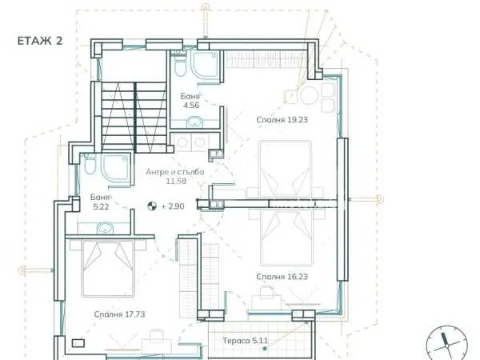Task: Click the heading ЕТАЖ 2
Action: [x=40, y=41]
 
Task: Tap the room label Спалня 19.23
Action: [x=282, y=120]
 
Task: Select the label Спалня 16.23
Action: [x=282, y=277]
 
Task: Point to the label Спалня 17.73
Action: [x=119, y=314]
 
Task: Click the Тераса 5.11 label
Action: [x=246, y=341]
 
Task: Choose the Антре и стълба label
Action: [x=175, y=172]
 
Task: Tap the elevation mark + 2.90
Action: [x=173, y=206]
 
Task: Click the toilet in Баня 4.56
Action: [x=180, y=66]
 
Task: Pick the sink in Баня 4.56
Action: [x=194, y=122]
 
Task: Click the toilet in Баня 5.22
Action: [x=90, y=166]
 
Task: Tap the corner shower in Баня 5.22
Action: [x=117, y=168]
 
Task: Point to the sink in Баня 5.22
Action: [x=106, y=228]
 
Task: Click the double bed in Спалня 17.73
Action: [x=108, y=269]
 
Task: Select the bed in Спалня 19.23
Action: [x=286, y=169]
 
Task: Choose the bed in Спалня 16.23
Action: [x=287, y=238]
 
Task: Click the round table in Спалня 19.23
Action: [x=308, y=95]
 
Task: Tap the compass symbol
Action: [x=447, y=344]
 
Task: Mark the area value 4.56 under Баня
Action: [x=191, y=106]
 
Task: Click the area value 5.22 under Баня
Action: [x=101, y=207]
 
